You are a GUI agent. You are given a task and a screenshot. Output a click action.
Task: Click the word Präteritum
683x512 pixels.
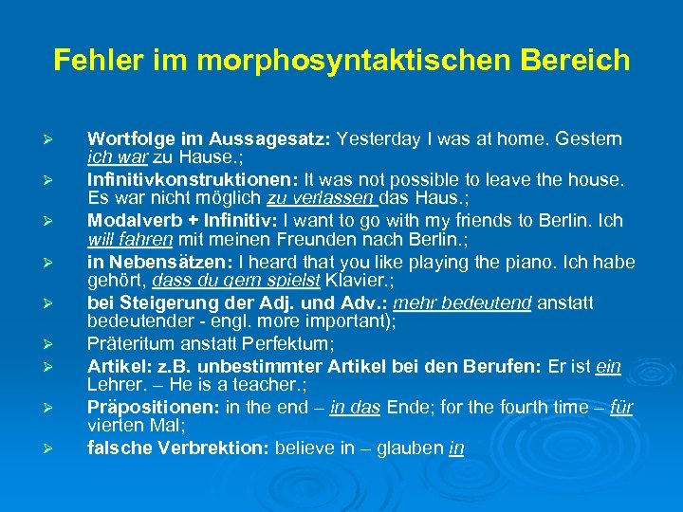pos(129,343)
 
